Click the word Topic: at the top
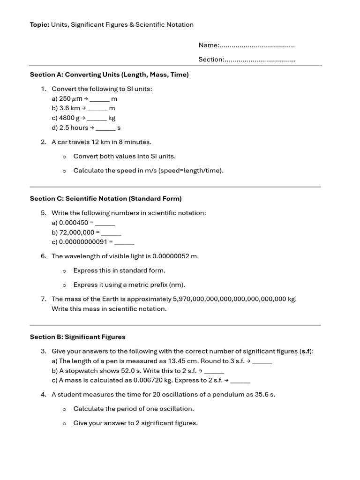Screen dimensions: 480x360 tap(39, 25)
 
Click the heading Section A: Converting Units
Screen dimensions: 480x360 tap(109, 75)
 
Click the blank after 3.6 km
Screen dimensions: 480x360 tap(98, 109)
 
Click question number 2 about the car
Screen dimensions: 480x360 tap(43, 142)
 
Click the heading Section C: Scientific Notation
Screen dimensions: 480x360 tap(105, 199)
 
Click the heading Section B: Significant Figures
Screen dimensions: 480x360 tap(78, 337)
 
